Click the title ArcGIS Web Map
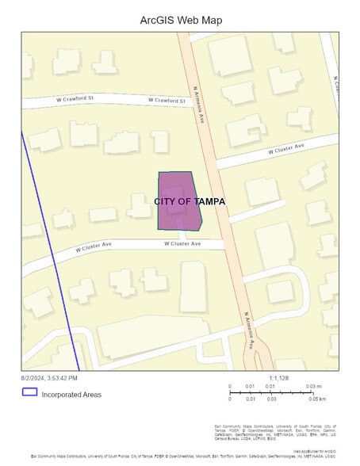tap(180, 20)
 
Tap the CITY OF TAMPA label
tap(190, 201)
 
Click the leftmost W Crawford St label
tap(75, 99)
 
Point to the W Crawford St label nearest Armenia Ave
tap(167, 101)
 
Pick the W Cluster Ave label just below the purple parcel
tap(182, 243)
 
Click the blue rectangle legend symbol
tap(29, 392)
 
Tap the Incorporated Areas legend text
tap(71, 394)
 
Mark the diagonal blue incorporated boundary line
tap(51, 254)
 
